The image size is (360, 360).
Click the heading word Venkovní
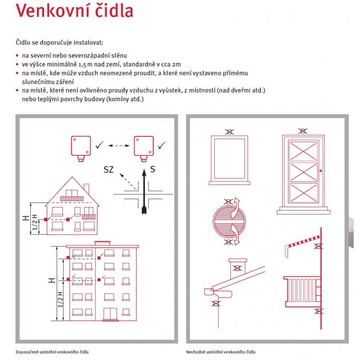click(x=50, y=11)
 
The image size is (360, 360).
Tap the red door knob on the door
click(x=320, y=171)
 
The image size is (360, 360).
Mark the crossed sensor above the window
click(x=229, y=132)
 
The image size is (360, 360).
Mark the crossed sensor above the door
click(x=302, y=131)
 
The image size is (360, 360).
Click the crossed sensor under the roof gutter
click(x=216, y=303)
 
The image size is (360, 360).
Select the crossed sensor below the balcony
click(x=319, y=310)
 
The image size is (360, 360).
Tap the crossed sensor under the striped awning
click(x=319, y=246)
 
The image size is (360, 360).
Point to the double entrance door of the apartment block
click(x=110, y=314)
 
